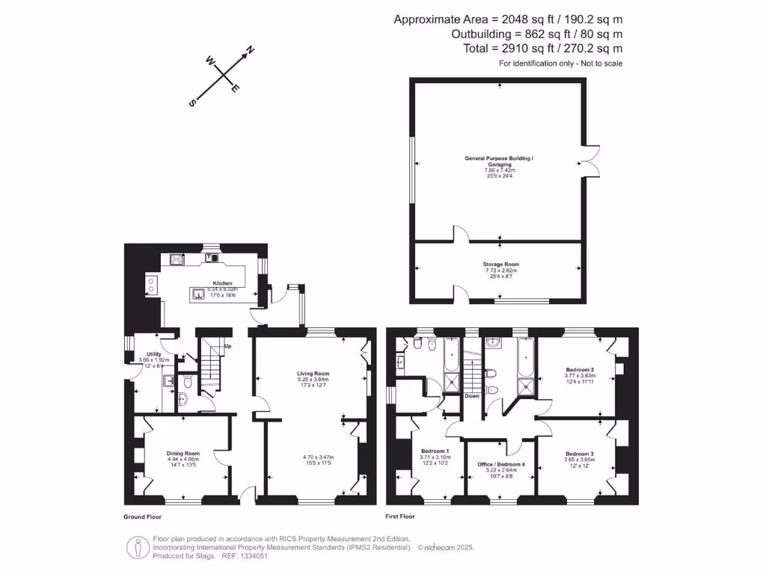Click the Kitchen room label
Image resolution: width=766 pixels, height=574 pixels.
click(x=223, y=283)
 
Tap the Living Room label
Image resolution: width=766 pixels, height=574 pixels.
click(x=313, y=373)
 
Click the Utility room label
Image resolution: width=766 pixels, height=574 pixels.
click(x=154, y=354)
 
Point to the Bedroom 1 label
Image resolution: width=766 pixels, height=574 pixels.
click(x=435, y=451)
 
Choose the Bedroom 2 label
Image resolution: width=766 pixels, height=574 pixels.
click(x=580, y=369)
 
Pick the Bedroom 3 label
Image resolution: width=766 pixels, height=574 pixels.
click(x=580, y=454)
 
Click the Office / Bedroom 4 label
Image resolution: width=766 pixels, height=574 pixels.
click(x=502, y=464)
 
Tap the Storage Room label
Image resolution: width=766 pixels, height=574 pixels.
click(x=501, y=264)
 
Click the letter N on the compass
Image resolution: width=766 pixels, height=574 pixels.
click(x=251, y=50)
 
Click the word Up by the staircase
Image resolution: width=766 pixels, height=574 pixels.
click(x=227, y=347)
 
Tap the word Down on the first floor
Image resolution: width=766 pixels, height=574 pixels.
click(x=471, y=396)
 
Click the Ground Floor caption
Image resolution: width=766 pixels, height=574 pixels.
click(x=142, y=516)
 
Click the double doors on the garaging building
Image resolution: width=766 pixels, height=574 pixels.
click(x=591, y=161)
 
